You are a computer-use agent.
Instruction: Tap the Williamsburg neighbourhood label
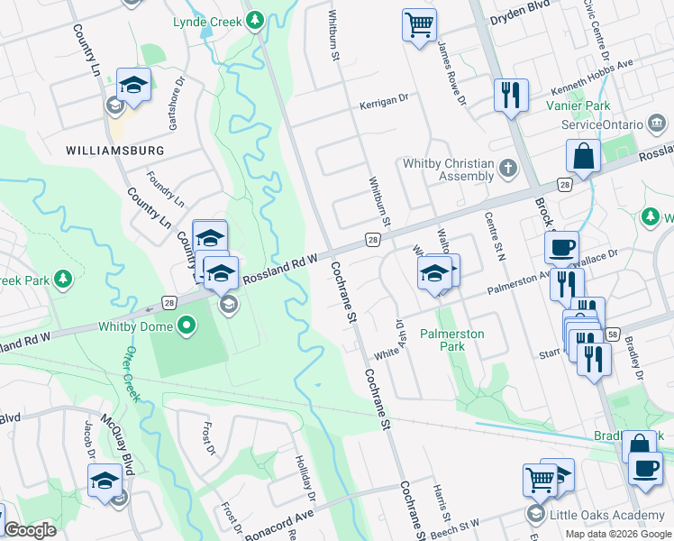point(114,150)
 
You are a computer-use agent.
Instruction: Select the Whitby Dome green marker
point(187,325)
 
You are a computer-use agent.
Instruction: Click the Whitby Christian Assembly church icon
point(508,168)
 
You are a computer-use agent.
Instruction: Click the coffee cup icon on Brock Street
point(561,247)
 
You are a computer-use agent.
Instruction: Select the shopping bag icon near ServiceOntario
point(584,156)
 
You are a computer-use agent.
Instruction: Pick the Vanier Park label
point(585,105)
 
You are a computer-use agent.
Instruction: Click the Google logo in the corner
point(30,530)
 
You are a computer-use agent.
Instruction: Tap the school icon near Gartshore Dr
point(133,86)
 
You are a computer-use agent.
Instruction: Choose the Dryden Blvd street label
point(519,17)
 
